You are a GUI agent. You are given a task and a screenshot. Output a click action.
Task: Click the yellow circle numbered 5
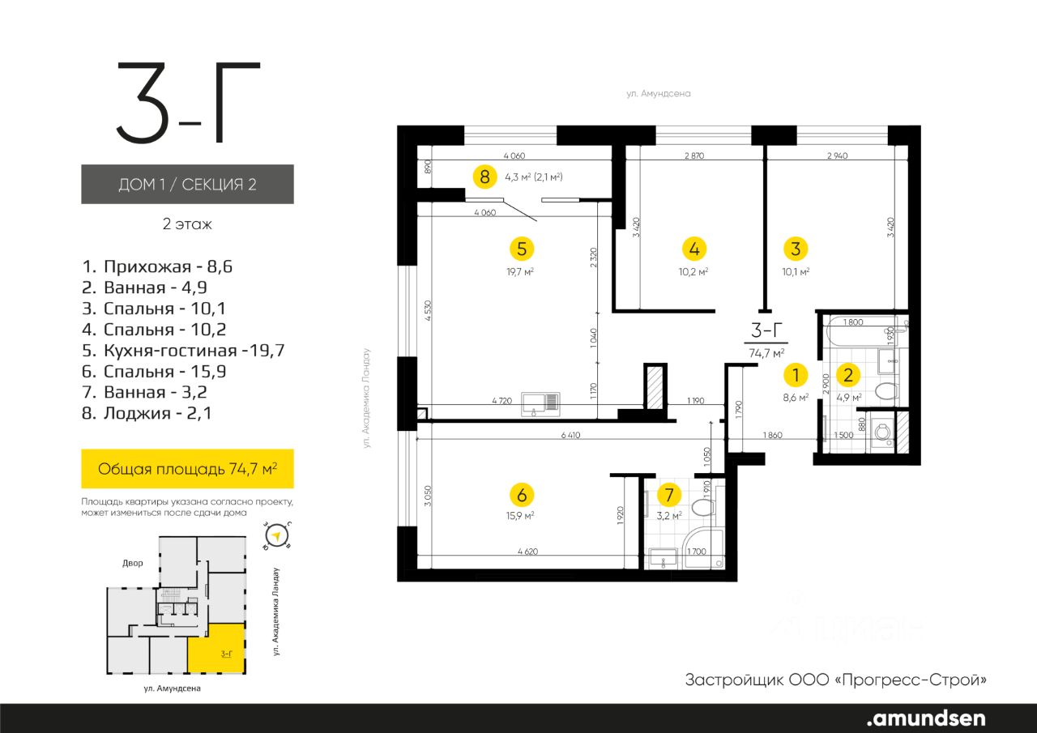coord(522,249)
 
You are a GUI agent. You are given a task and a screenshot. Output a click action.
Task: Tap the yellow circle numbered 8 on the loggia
coord(484,177)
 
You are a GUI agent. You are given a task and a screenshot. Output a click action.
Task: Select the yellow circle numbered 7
coord(669,495)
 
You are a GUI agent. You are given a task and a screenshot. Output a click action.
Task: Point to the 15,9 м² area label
coord(520,515)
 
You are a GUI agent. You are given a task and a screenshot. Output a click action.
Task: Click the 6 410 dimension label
coord(570,435)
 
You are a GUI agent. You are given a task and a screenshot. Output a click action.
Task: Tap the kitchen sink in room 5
coord(540,404)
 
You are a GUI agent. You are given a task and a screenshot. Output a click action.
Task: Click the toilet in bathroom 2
coord(886,392)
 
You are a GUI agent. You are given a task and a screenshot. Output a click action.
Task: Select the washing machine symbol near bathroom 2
coord(883,433)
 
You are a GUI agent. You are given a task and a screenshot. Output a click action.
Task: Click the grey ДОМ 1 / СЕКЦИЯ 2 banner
coord(187,184)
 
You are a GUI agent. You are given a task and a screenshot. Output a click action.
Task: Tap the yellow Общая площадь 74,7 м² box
coord(187,469)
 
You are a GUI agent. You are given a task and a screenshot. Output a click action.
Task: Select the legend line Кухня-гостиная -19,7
coord(183,351)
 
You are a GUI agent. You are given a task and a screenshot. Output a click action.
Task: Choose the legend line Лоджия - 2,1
coord(147,413)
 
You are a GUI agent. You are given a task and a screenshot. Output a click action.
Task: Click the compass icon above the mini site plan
coord(277,536)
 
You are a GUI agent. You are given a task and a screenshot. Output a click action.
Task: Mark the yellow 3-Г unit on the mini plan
coord(216,648)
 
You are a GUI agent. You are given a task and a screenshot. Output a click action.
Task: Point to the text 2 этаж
coord(187,224)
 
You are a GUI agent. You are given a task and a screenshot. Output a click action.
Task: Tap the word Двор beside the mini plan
coord(132,563)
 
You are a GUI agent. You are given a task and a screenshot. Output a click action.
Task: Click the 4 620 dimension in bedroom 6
coord(527,551)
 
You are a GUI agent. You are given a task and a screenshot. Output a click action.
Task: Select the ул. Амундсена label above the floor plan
coord(659,94)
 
